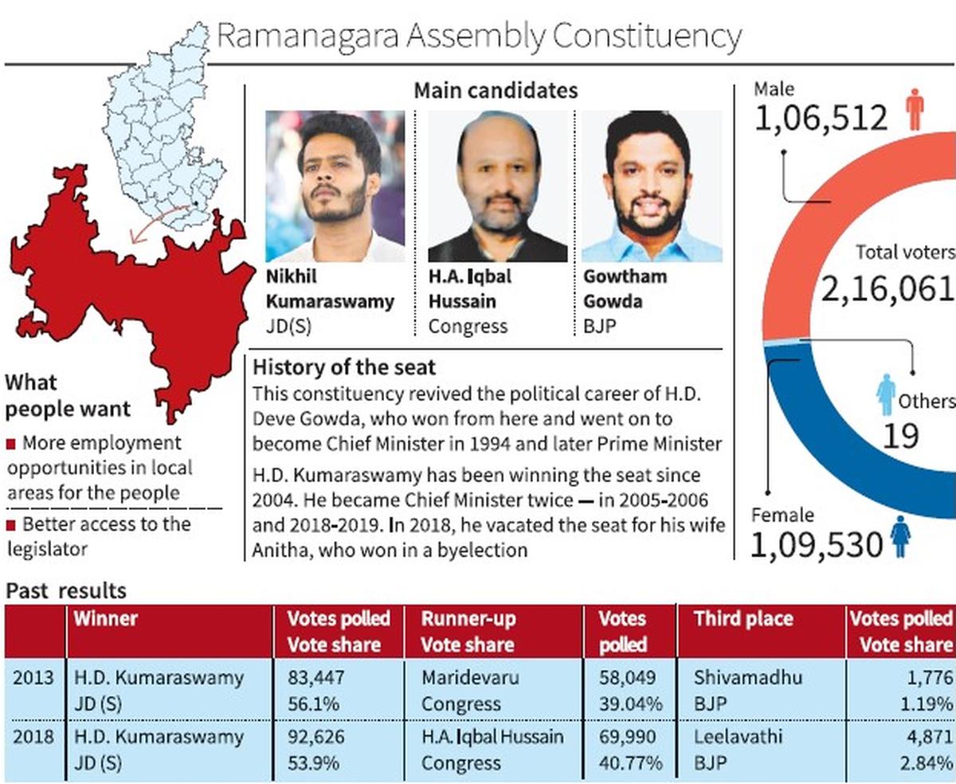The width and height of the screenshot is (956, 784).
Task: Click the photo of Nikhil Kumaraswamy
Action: pyautogui.click(x=335, y=186)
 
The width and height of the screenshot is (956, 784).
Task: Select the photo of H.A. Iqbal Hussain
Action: pyautogui.click(x=498, y=186)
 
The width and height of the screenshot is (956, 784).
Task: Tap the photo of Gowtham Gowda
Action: pyautogui.click(x=652, y=186)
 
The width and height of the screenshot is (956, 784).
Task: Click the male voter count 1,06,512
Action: pyautogui.click(x=820, y=119)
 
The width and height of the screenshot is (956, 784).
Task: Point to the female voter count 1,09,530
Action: pyautogui.click(x=817, y=544)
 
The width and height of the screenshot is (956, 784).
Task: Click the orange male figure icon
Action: pyautogui.click(x=915, y=111)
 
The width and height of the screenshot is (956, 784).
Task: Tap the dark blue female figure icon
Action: pyautogui.click(x=900, y=538)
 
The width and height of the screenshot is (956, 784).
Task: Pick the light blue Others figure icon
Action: pyautogui.click(x=886, y=394)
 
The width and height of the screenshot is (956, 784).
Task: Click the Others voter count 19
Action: pyautogui.click(x=900, y=436)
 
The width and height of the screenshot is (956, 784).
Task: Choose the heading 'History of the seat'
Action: pyautogui.click(x=344, y=367)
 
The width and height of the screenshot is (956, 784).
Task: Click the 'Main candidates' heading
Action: pyautogui.click(x=495, y=91)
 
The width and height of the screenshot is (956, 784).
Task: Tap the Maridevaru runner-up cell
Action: pyautogui.click(x=470, y=678)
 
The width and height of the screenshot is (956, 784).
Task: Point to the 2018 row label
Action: pyautogui.click(x=33, y=736)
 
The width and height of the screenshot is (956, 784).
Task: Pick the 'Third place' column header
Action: pyautogui.click(x=742, y=619)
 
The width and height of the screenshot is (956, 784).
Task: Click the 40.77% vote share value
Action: pyautogui.click(x=631, y=762)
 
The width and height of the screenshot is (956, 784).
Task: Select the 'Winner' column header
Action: pyautogui.click(x=105, y=619)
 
